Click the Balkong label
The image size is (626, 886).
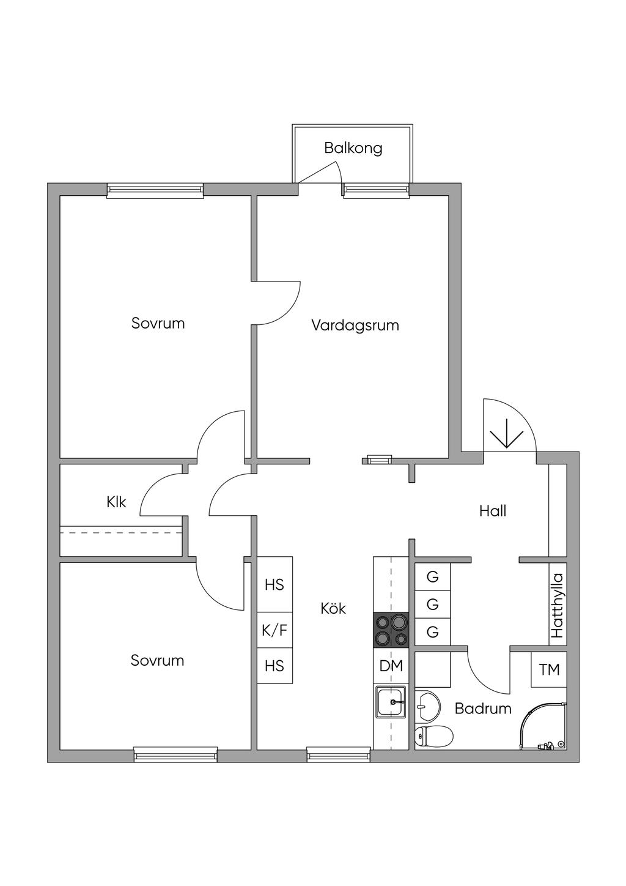pyautogui.click(x=353, y=148)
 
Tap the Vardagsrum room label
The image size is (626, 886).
pyautogui.click(x=355, y=325)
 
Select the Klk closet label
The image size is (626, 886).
pyautogui.click(x=116, y=502)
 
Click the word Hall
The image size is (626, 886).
pyautogui.click(x=493, y=511)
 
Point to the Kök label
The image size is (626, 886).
pyautogui.click(x=333, y=608)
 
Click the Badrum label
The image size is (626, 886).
pyautogui.click(x=483, y=708)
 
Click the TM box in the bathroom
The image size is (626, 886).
pyautogui.click(x=549, y=669)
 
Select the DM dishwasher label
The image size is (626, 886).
pyautogui.click(x=391, y=666)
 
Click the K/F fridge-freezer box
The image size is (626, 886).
pyautogui.click(x=274, y=630)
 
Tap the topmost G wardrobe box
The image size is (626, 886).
pyautogui.click(x=433, y=576)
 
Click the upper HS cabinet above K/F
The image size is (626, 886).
pyautogui.click(x=274, y=584)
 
